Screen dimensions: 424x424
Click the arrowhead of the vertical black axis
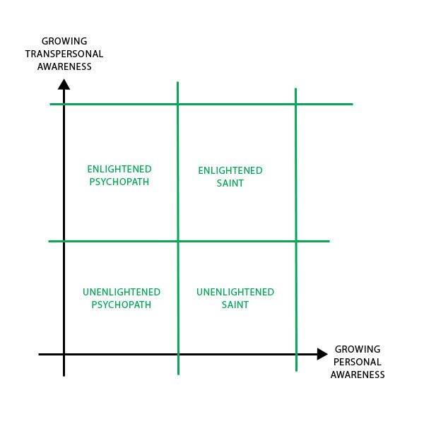click(64, 85)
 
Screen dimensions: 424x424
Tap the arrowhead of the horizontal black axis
click(322, 354)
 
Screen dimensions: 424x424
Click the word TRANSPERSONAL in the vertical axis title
click(64, 54)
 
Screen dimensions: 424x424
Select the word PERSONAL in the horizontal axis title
click(357, 362)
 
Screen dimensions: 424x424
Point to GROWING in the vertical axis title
click(64, 41)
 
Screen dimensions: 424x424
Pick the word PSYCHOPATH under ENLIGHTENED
click(119, 182)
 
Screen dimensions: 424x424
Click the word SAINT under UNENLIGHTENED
click(235, 305)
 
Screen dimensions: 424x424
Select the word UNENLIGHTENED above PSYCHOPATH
click(122, 292)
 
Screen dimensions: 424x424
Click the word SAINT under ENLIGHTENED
click(230, 183)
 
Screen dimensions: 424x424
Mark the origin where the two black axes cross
click(64, 354)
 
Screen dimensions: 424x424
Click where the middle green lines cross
click(177, 241)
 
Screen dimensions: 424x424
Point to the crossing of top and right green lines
click(295, 104)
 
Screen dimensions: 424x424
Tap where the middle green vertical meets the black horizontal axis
click(177, 354)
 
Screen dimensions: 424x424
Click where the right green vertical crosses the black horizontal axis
click(296, 354)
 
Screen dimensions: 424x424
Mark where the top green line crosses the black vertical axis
click(64, 104)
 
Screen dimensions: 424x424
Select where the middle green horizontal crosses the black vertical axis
click(64, 241)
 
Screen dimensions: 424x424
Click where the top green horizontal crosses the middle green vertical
click(177, 104)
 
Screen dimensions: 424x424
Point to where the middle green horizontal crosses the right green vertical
click(296, 241)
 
